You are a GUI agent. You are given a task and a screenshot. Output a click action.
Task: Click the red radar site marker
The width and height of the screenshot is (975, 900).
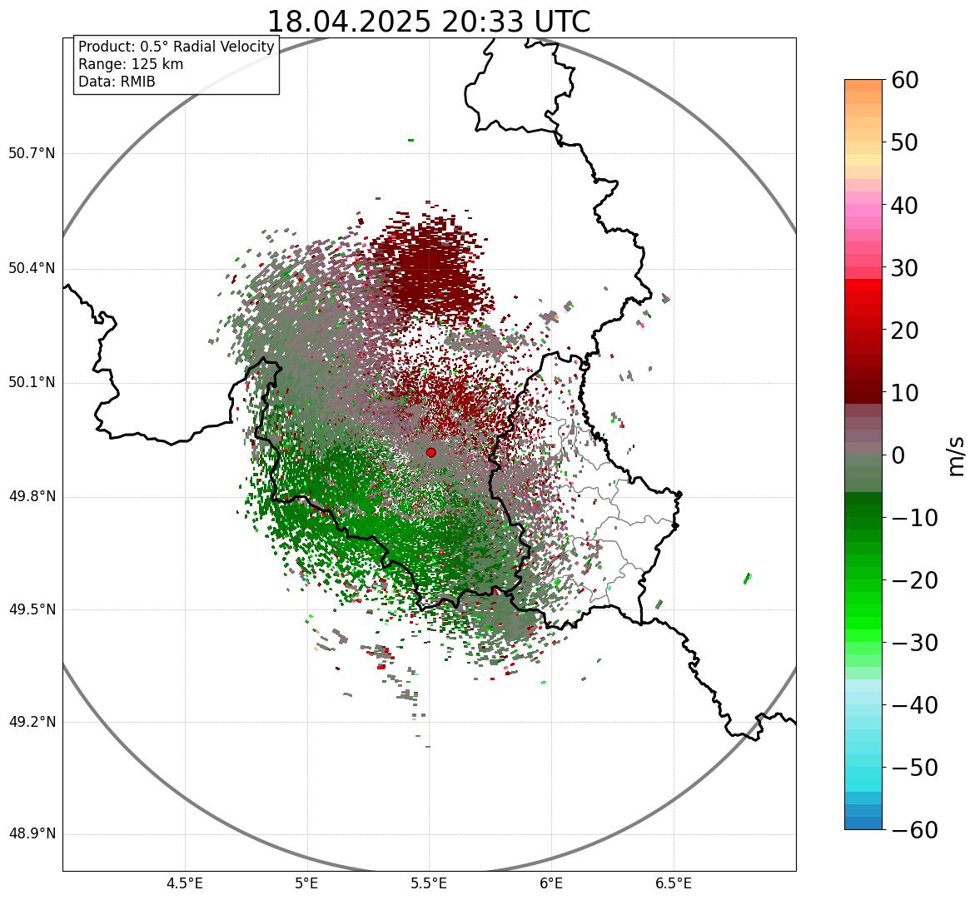pyautogui.click(x=430, y=452)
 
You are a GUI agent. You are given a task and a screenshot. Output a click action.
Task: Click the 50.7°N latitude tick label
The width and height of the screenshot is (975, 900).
pyautogui.click(x=32, y=153)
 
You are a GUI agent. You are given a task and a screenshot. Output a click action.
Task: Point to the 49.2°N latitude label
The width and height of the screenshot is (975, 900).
pyautogui.click(x=32, y=722)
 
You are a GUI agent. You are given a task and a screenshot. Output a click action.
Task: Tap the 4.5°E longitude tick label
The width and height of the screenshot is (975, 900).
pyautogui.click(x=185, y=883)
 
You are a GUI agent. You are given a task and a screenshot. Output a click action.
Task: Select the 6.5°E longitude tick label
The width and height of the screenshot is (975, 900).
pyautogui.click(x=673, y=883)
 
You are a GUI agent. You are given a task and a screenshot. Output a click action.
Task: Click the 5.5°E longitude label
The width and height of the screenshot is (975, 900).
pyautogui.click(x=429, y=883)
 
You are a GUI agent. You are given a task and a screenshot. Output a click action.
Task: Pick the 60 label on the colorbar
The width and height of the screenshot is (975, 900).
pyautogui.click(x=905, y=80)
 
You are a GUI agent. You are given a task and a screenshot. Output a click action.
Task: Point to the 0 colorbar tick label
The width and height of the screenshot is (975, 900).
pyautogui.click(x=898, y=455)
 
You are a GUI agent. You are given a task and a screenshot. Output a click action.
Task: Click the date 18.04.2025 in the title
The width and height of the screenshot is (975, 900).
pyautogui.click(x=350, y=22)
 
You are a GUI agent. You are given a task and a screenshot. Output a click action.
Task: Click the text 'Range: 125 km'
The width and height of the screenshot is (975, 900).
pyautogui.click(x=131, y=64)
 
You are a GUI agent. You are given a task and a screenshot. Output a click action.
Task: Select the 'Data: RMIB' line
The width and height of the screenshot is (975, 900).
pyautogui.click(x=117, y=82)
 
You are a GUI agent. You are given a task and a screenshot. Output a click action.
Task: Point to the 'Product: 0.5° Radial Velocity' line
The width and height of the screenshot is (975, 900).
pyautogui.click(x=176, y=47)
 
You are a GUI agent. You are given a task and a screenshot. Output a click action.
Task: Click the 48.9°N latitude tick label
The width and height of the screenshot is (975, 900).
pyautogui.click(x=32, y=834)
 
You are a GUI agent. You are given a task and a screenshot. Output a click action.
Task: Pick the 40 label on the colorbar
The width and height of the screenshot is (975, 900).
pyautogui.click(x=905, y=205)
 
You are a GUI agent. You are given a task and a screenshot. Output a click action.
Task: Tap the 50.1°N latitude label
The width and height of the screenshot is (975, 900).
pyautogui.click(x=32, y=383)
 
